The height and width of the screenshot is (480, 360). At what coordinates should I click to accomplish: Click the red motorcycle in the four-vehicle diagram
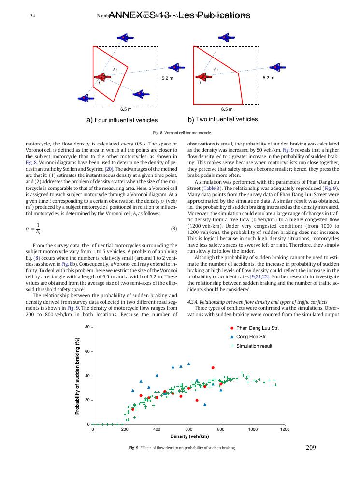click(x=102, y=77)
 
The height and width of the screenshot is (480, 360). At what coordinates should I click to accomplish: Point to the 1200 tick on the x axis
click(x=285, y=429)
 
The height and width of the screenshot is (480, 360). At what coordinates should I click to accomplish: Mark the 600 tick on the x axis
click(x=189, y=429)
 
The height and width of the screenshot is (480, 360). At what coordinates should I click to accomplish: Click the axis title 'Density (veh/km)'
click(x=189, y=436)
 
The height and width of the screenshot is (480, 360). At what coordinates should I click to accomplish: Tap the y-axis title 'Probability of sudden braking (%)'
click(x=77, y=376)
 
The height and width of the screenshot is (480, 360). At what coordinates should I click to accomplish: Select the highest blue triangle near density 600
click(x=189, y=364)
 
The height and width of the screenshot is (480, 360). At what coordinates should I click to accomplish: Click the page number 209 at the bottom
click(x=311, y=448)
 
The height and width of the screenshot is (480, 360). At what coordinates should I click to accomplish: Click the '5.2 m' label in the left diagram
click(x=167, y=78)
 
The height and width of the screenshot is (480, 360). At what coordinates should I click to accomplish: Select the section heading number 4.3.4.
click(x=194, y=302)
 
